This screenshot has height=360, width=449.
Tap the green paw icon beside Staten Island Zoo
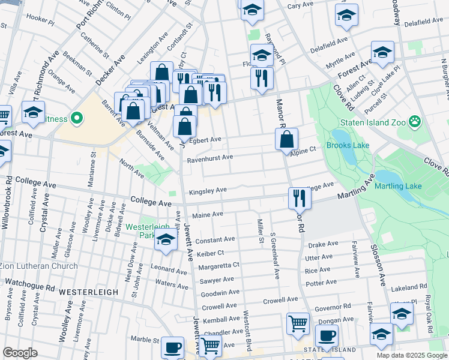(x=415, y=122)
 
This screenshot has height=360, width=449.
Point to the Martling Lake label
(x=399, y=186)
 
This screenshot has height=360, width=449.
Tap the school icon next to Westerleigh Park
(x=166, y=241)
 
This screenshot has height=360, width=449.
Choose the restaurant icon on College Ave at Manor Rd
(x=298, y=198)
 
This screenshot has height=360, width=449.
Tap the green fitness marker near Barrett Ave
(x=76, y=118)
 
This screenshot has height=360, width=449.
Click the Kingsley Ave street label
(x=208, y=191)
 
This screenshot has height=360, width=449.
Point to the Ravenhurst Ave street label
(x=209, y=158)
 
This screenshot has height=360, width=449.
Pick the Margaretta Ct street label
(x=220, y=265)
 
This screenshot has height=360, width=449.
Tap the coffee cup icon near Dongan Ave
(x=327, y=335)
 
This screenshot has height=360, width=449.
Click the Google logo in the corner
(x=20, y=353)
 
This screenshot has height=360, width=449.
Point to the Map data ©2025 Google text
(x=411, y=355)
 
